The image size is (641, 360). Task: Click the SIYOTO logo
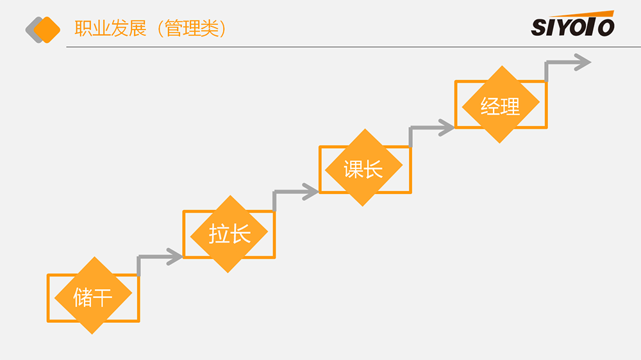point(572,25)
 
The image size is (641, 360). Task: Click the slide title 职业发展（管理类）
point(151,29)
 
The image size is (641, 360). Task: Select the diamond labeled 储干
point(93,295)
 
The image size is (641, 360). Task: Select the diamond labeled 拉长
point(229,234)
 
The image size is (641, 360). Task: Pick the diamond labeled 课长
point(363,168)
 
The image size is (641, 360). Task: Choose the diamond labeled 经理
point(501,104)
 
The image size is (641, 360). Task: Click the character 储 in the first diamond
point(83,297)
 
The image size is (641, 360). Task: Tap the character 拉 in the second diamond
point(219,234)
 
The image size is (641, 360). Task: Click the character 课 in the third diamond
point(354,169)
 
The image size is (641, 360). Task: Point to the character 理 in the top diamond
point(511,106)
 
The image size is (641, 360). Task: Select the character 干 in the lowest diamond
point(103,297)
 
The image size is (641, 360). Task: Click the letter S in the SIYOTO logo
point(539,28)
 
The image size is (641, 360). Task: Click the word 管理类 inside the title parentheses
point(192,29)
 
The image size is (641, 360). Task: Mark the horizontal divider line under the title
point(353,47)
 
